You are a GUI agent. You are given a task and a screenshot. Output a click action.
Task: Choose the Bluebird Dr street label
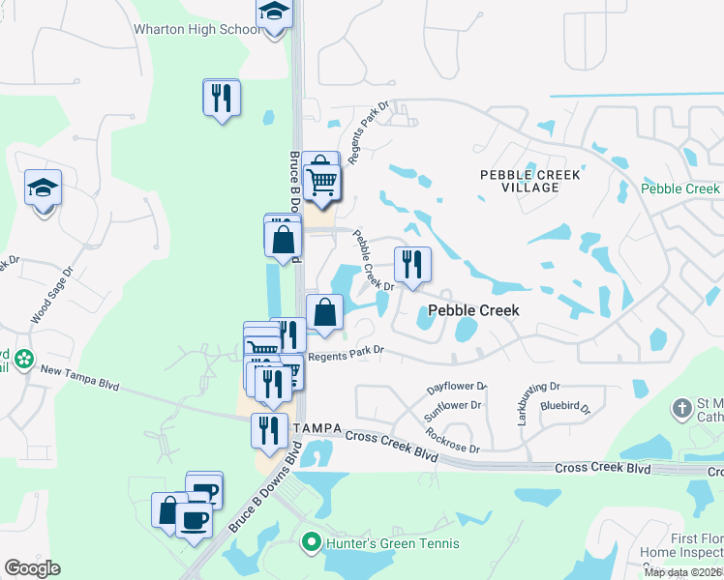point(565,408)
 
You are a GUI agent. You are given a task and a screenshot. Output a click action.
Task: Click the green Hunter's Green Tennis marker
point(311,541)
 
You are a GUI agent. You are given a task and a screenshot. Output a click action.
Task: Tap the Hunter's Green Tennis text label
point(377,541)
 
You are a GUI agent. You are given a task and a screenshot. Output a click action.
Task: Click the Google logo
point(32,568)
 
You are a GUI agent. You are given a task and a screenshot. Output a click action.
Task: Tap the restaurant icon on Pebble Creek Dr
point(412,264)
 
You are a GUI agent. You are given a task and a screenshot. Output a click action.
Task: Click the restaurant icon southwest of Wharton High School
point(222,98)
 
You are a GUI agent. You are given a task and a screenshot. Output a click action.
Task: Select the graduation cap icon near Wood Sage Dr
point(43,189)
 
